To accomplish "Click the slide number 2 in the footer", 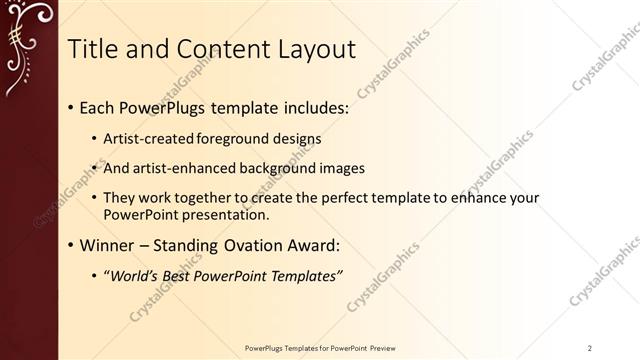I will coord(590,348).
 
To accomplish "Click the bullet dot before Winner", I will coord(71,245).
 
